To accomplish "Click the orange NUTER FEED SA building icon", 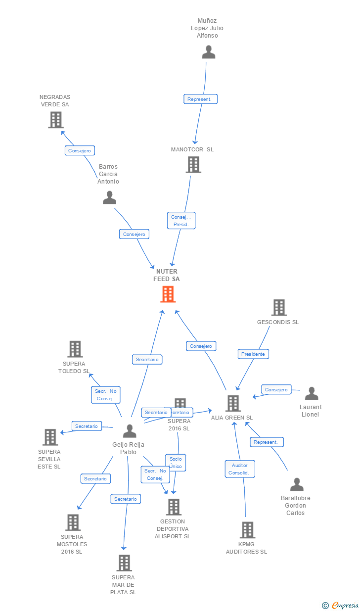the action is [168, 294].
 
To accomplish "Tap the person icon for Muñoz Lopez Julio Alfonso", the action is [209, 52].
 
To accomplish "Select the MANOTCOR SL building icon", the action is [193, 165].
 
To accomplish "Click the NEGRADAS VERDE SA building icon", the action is [56, 120].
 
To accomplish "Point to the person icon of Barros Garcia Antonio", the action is [109, 198].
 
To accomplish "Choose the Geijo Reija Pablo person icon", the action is [130, 431].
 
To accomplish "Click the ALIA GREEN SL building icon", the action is [233, 403].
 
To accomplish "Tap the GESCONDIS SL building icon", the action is [279, 307].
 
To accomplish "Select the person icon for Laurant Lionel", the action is [312, 394].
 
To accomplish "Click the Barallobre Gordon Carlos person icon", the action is [297, 484].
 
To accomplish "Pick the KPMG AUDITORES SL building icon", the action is [247, 530].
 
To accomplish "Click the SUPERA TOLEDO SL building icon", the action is [75, 349].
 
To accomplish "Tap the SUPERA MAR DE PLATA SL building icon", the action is [124, 563].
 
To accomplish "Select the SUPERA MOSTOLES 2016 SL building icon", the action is [73, 522].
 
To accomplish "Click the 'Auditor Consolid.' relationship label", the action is [240, 469].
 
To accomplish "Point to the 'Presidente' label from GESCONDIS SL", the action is [253, 354].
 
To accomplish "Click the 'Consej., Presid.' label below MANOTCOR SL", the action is [181, 221].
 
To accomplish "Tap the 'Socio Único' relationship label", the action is [176, 463].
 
